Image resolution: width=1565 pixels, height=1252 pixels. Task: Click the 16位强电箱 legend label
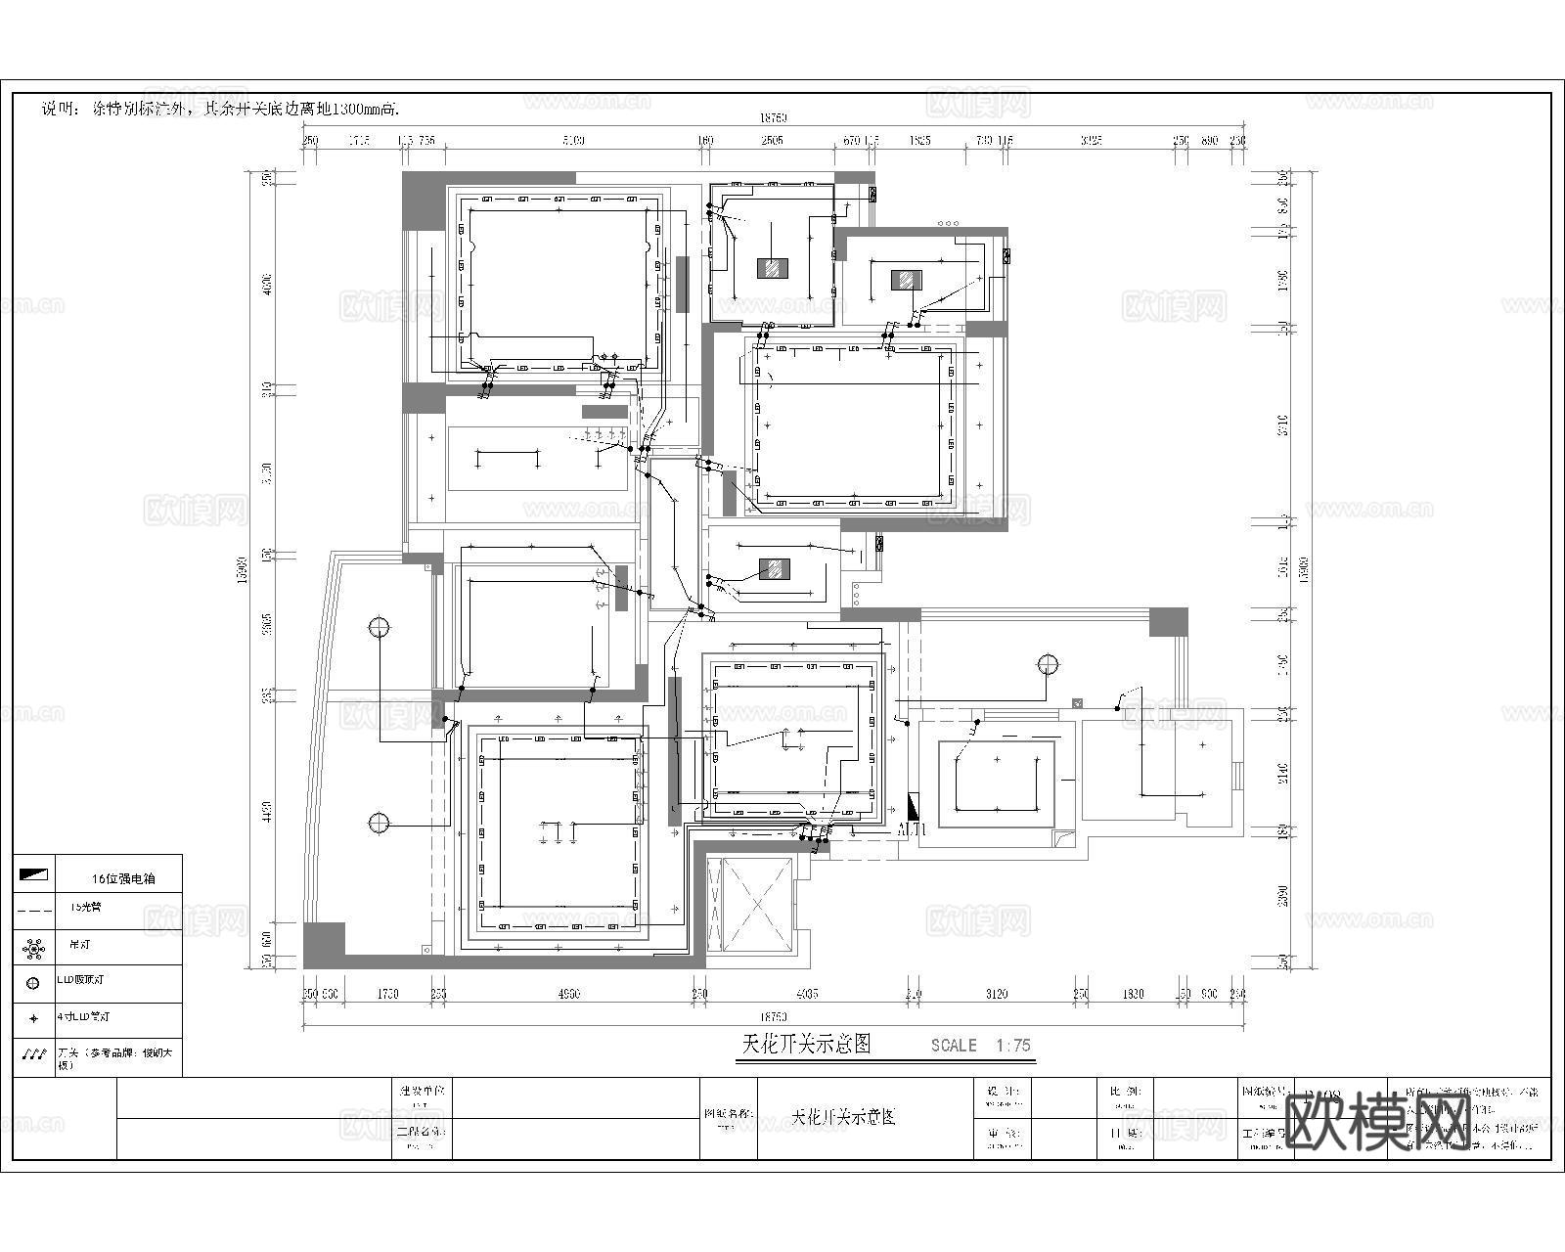click(x=122, y=878)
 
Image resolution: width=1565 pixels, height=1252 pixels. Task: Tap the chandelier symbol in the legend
click(x=34, y=947)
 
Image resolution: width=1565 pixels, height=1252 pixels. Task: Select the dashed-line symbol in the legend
click(x=34, y=909)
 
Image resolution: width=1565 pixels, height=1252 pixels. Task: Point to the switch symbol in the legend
click(x=34, y=1056)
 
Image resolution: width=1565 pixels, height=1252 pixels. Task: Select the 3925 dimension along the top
click(x=1091, y=141)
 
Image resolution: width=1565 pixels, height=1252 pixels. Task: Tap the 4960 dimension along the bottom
click(x=568, y=994)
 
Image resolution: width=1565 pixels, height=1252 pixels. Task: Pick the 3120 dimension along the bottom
click(x=996, y=994)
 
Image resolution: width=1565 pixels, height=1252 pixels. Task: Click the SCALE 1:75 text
click(x=981, y=1045)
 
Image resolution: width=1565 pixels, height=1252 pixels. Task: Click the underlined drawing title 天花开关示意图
click(x=806, y=1044)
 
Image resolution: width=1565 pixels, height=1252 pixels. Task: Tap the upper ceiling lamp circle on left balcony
click(x=380, y=627)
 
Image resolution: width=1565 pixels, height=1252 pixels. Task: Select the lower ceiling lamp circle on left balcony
click(x=380, y=823)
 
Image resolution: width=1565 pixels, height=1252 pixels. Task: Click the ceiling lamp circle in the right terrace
click(x=1048, y=665)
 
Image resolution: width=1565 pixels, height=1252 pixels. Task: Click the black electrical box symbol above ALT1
click(x=914, y=806)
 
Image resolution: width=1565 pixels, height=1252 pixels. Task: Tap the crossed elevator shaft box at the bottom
click(x=756, y=904)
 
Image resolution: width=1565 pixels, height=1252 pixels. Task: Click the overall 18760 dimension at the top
click(x=773, y=118)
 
